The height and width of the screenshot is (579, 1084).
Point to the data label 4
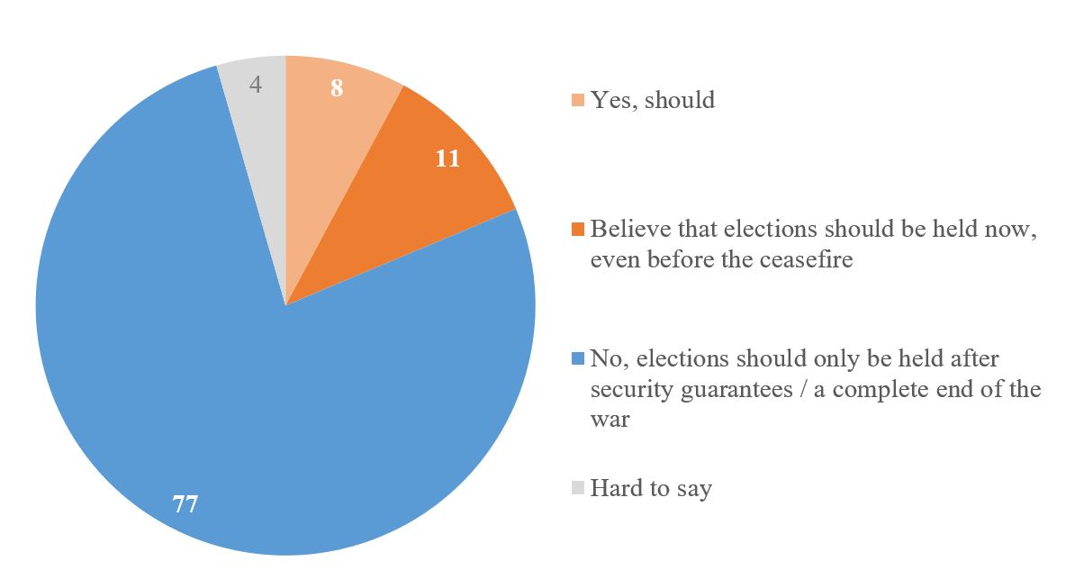click(x=256, y=85)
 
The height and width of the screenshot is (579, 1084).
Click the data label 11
click(x=447, y=159)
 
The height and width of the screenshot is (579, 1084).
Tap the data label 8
click(x=337, y=88)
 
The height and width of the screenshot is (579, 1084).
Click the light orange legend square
click(x=577, y=100)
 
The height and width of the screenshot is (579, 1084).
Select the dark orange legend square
click(x=577, y=229)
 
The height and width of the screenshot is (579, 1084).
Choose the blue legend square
click(x=577, y=359)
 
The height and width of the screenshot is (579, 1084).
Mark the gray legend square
click(x=577, y=489)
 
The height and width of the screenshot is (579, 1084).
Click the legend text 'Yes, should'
click(x=653, y=100)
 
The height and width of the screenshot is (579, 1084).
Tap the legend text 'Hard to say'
click(x=651, y=489)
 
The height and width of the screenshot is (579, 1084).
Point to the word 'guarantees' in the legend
click(x=734, y=390)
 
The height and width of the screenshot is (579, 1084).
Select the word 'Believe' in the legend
click(x=624, y=229)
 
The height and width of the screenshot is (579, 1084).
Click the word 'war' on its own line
click(x=610, y=420)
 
